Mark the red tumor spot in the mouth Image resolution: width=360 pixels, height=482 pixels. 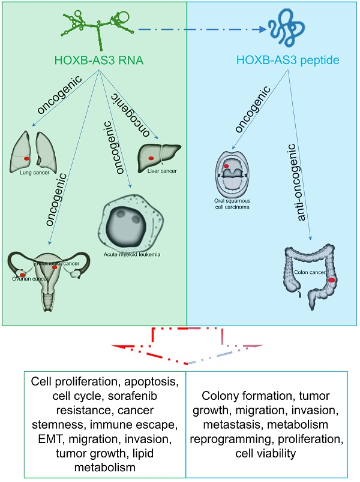click(227, 165)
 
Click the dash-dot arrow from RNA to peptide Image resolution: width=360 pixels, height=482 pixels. click(201, 28)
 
